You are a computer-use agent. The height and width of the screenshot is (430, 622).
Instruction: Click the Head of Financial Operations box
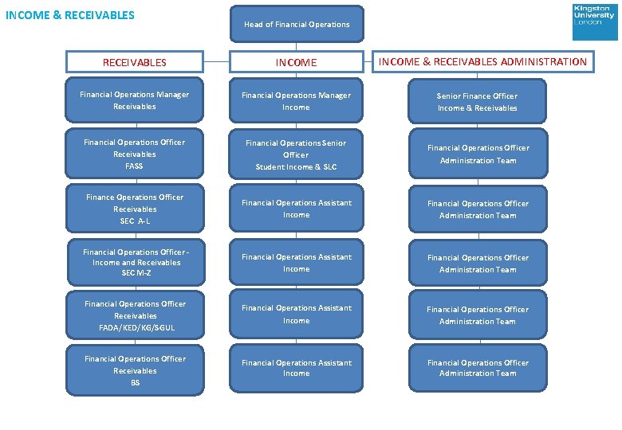[x=297, y=24]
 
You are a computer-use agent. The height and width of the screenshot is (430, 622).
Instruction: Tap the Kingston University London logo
[x=594, y=21]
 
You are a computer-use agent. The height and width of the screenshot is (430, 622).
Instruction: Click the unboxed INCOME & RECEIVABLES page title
[x=70, y=14]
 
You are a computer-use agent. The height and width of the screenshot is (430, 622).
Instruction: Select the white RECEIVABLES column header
[x=135, y=62]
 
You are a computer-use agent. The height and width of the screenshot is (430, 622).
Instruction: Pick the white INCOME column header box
[x=297, y=62]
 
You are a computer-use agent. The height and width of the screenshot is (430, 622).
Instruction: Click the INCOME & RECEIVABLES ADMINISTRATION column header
[x=482, y=61]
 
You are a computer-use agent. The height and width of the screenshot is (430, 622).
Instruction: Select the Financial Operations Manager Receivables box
[x=135, y=100]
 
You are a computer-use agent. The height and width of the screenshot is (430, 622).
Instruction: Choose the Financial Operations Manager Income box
[x=297, y=101]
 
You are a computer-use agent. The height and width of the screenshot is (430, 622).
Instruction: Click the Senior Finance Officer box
[x=478, y=102]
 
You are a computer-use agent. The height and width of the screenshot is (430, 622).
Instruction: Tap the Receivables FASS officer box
[x=135, y=154]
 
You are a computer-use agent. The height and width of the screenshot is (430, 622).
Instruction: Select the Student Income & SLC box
[x=297, y=154]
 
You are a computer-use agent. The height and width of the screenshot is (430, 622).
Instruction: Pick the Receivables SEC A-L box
[x=135, y=209]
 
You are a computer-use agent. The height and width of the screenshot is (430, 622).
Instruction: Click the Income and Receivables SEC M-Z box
[x=135, y=262]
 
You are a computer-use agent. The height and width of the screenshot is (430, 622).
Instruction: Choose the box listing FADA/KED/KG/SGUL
[x=135, y=315]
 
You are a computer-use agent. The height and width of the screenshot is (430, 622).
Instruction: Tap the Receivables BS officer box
[x=135, y=370]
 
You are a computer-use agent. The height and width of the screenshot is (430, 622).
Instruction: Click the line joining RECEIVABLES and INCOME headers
[x=216, y=62]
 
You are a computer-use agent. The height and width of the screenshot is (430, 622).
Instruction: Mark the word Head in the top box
[x=254, y=25]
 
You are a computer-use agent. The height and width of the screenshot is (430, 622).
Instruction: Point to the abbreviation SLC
[x=329, y=167]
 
